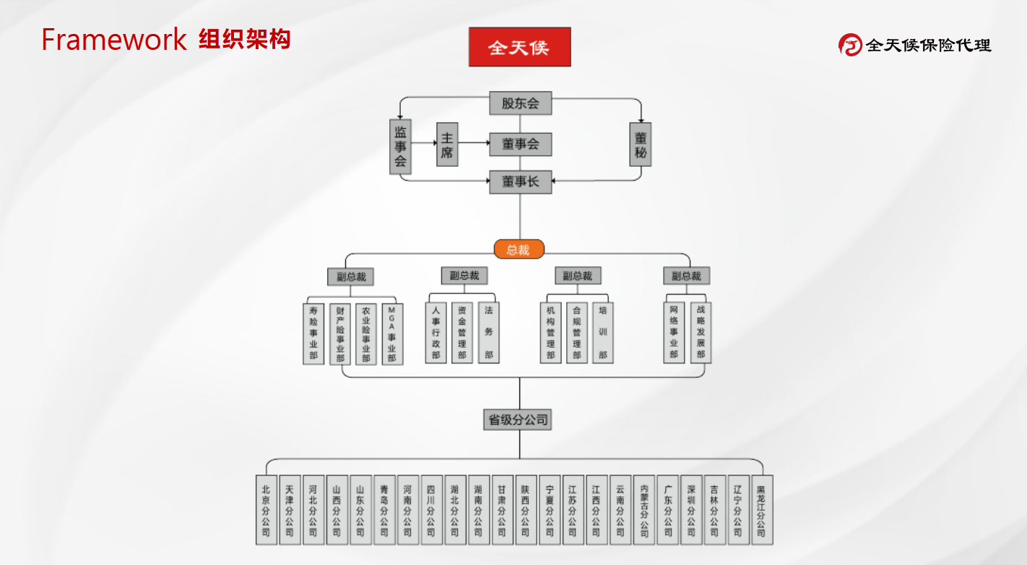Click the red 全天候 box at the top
tap(519, 47)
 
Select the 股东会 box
tap(520, 103)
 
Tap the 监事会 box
tap(400, 147)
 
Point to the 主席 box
tap(447, 145)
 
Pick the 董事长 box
tap(520, 182)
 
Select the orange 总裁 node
tap(519, 249)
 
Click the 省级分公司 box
tap(519, 419)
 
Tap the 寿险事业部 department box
tap(313, 333)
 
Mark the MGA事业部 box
tap(392, 333)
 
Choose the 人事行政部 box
tap(435, 332)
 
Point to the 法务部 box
tap(489, 332)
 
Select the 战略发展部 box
tap(701, 332)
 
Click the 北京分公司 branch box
tap(266, 509)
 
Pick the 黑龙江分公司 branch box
tap(761, 509)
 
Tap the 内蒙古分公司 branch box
tap(644, 509)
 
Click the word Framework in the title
tap(113, 40)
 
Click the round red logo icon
tap(850, 45)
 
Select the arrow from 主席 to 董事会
tap(474, 143)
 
